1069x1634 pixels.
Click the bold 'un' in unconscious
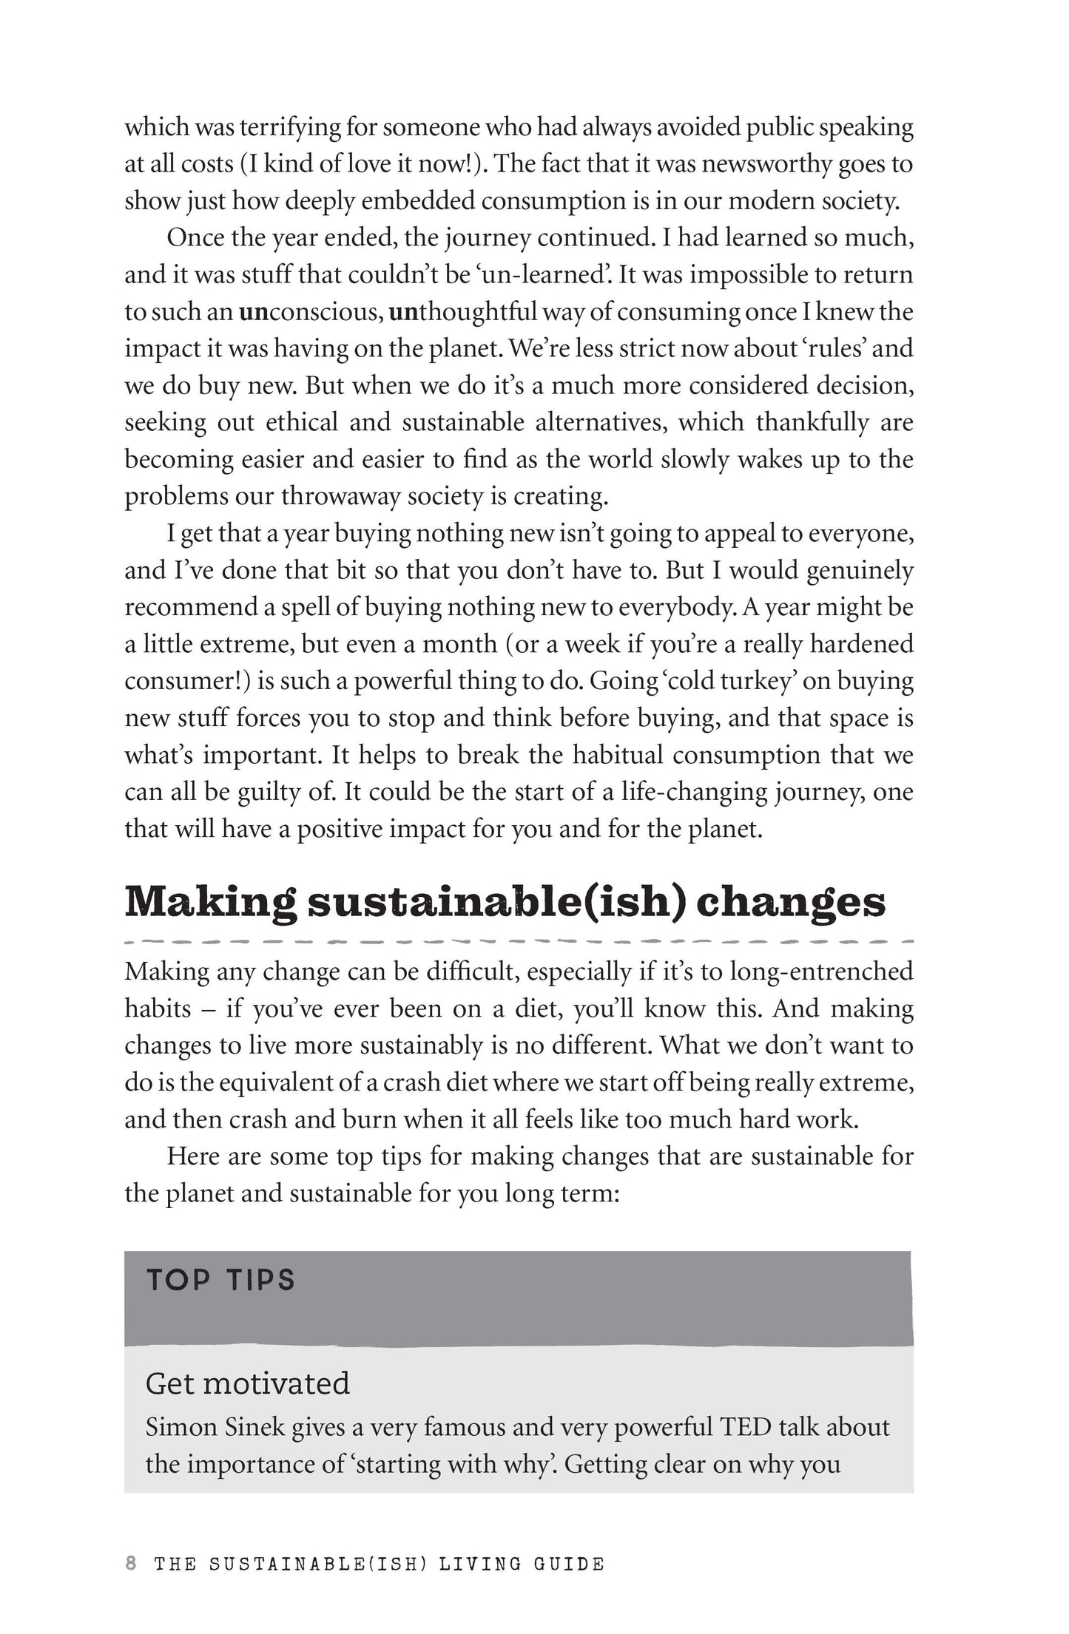click(252, 312)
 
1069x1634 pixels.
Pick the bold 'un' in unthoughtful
click(403, 312)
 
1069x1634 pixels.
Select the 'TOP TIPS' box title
click(220, 1280)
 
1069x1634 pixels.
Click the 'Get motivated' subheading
click(247, 1383)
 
